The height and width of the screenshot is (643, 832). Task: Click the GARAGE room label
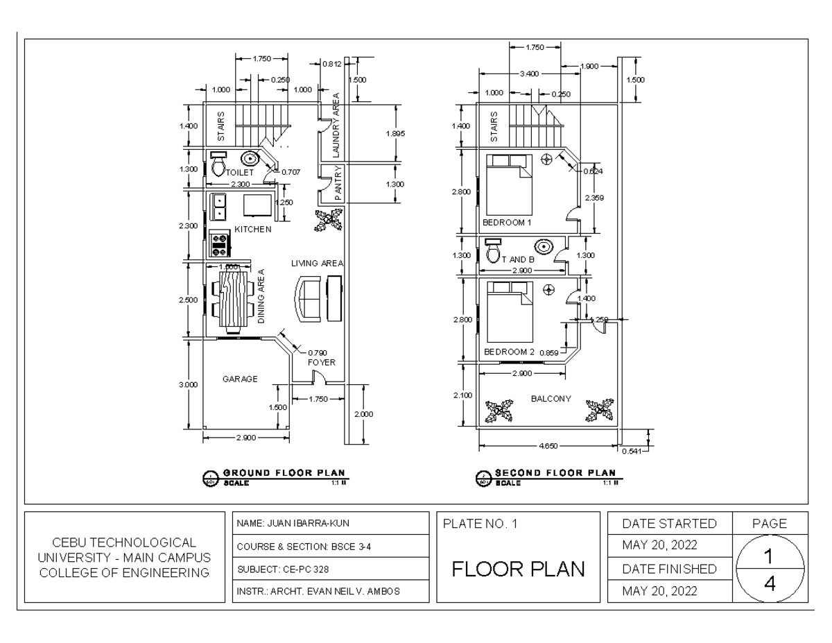click(x=240, y=379)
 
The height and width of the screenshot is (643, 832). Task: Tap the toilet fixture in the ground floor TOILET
click(x=218, y=165)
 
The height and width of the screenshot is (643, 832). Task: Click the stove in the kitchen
click(x=220, y=243)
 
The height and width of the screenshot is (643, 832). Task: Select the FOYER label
click(x=320, y=361)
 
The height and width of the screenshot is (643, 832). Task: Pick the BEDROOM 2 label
click(x=509, y=352)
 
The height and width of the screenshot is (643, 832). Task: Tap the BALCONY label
click(x=551, y=399)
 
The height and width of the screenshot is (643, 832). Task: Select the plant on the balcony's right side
click(x=598, y=411)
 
